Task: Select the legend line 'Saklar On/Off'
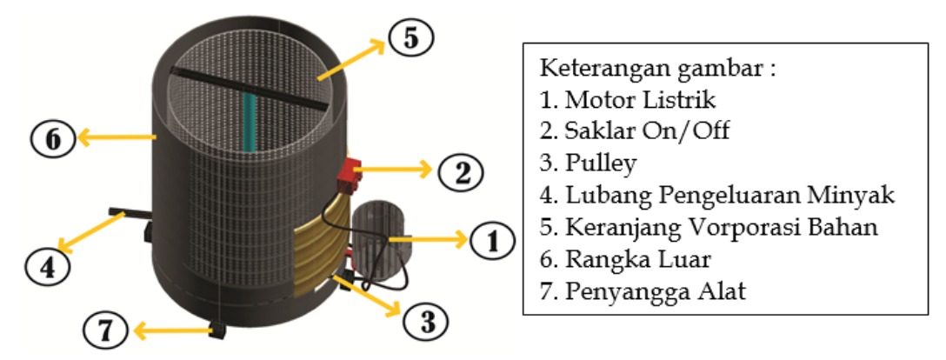coord(634,131)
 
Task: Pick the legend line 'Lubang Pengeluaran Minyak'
coord(717,196)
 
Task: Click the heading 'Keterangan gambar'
coord(657,67)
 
